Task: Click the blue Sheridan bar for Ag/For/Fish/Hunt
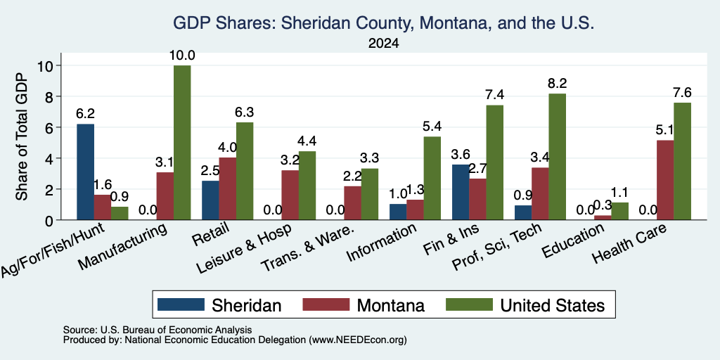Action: (x=85, y=172)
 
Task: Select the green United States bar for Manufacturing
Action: (x=182, y=142)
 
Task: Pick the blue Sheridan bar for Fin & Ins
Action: (x=461, y=192)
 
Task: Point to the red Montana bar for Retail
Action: (x=227, y=188)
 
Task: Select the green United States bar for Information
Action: (x=432, y=178)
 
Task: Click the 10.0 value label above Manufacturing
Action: (x=182, y=56)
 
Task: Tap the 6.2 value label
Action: (x=85, y=114)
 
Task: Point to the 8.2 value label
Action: (x=557, y=84)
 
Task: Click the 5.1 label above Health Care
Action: (x=664, y=130)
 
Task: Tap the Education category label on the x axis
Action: (x=572, y=242)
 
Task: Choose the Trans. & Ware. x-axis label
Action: (x=307, y=249)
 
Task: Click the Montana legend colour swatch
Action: (x=326, y=304)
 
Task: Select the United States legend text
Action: (x=553, y=305)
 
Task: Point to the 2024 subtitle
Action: (x=383, y=44)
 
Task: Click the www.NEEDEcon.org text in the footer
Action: (x=358, y=340)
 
